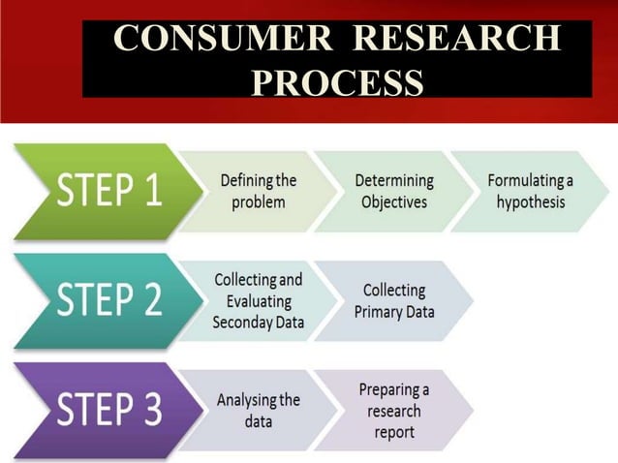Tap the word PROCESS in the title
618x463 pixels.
tap(336, 81)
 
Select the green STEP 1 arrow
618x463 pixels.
tap(97, 190)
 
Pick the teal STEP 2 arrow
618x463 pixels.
tap(97, 300)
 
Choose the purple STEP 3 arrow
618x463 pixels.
tap(97, 410)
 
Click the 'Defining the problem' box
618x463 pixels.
tap(259, 191)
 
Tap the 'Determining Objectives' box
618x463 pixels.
tap(393, 191)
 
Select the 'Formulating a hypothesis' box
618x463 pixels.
tap(530, 191)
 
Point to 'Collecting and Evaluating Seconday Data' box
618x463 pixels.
tap(258, 300)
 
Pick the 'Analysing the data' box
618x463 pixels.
tap(258, 410)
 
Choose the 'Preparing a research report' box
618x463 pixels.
tap(393, 410)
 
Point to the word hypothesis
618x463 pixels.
tap(530, 201)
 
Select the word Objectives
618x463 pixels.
tap(393, 201)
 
